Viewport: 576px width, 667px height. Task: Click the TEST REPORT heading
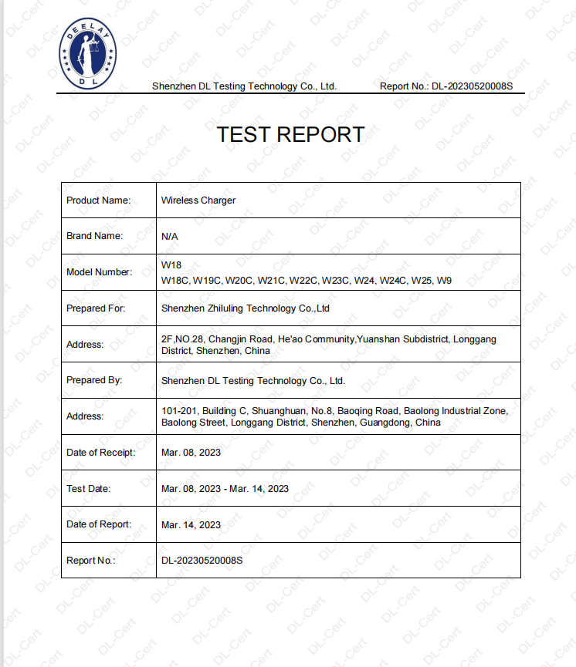click(x=290, y=134)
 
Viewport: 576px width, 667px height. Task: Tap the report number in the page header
click(x=446, y=86)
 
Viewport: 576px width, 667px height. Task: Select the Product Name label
click(x=99, y=200)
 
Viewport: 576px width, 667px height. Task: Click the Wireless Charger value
click(x=198, y=200)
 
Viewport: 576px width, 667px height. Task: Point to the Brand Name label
click(x=95, y=236)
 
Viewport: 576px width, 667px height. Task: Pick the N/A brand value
click(x=170, y=237)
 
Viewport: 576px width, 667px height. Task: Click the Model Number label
click(x=100, y=272)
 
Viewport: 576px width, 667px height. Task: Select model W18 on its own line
click(x=171, y=265)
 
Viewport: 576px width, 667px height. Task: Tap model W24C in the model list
click(x=392, y=281)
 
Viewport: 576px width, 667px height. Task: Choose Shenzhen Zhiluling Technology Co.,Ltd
click(x=246, y=308)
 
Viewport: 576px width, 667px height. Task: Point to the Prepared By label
click(x=95, y=380)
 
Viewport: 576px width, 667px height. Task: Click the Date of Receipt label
click(x=101, y=453)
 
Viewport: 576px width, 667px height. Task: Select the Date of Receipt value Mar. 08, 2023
click(x=191, y=453)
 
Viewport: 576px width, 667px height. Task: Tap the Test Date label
click(x=89, y=489)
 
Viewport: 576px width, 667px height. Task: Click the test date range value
click(x=225, y=489)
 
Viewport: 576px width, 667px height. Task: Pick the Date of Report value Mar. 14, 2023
click(x=191, y=525)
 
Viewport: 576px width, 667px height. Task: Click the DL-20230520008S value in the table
click(x=202, y=561)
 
